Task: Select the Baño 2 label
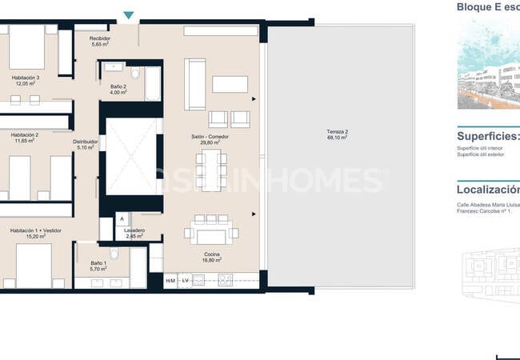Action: coord(118,89)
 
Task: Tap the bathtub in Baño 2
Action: coord(151,82)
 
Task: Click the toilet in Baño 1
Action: coord(114,254)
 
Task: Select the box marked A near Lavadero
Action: coord(120,218)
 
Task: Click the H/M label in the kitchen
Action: coord(170,281)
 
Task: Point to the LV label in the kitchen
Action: coord(185,281)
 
